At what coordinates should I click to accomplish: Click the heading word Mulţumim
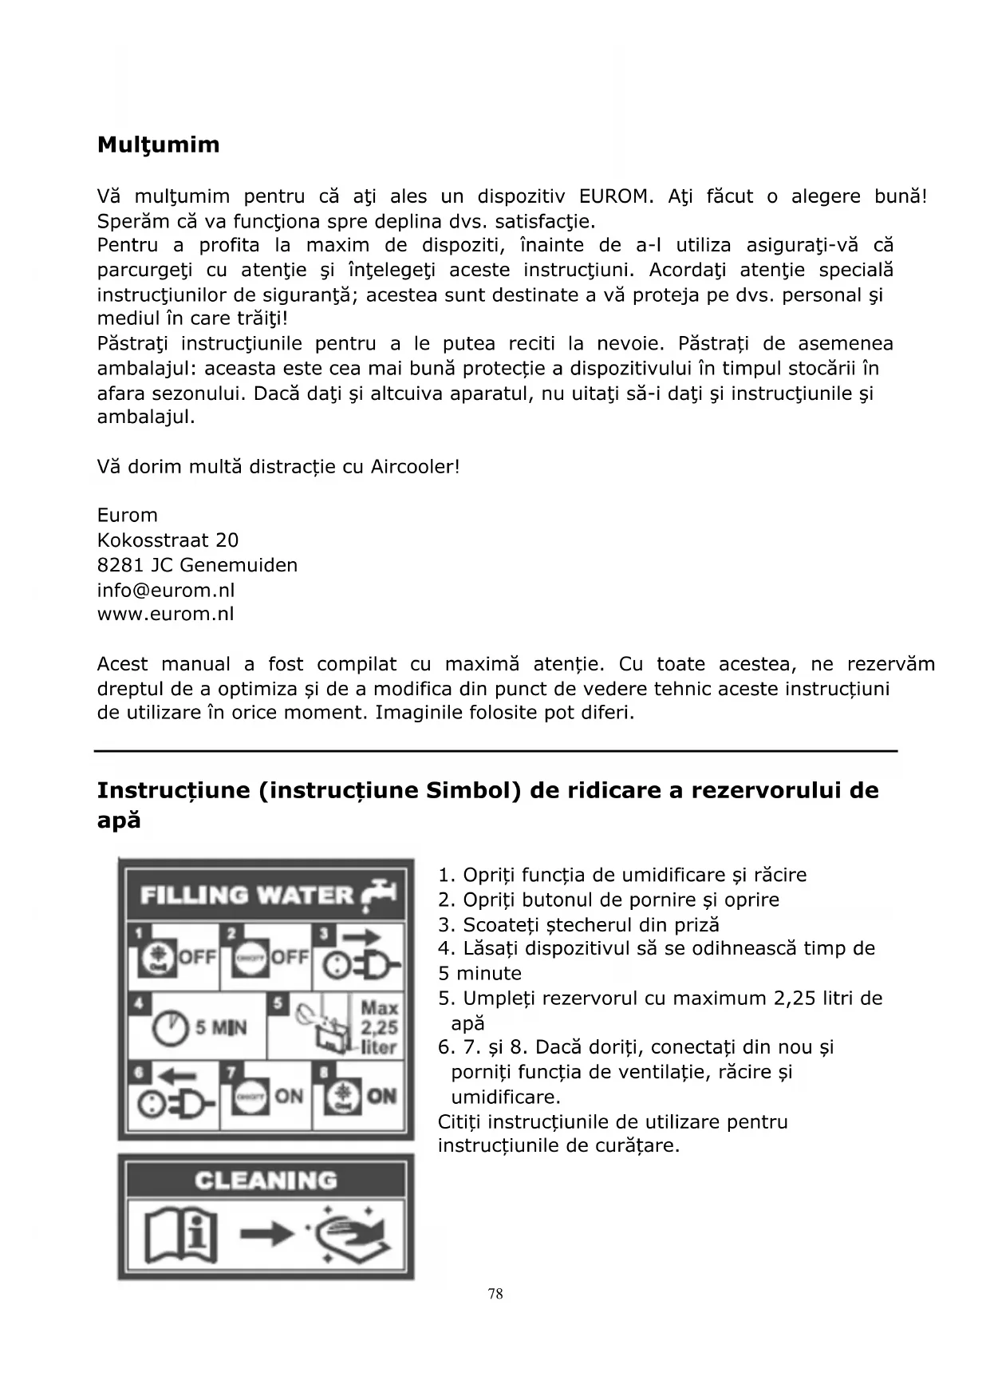click(x=158, y=145)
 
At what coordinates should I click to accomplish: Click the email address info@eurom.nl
click(x=166, y=590)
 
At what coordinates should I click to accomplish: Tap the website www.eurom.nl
click(x=165, y=614)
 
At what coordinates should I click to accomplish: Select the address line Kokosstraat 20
click(x=168, y=540)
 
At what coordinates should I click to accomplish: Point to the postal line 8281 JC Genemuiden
click(x=197, y=565)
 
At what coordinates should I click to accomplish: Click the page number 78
click(x=495, y=1294)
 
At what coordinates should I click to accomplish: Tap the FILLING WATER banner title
click(x=247, y=895)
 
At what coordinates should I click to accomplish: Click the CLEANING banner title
click(x=266, y=1180)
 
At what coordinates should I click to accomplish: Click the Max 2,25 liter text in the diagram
click(x=379, y=1027)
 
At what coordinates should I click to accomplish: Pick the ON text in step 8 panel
click(x=382, y=1095)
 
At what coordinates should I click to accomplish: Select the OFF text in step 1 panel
click(x=197, y=955)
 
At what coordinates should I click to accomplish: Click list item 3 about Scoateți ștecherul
click(x=578, y=924)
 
